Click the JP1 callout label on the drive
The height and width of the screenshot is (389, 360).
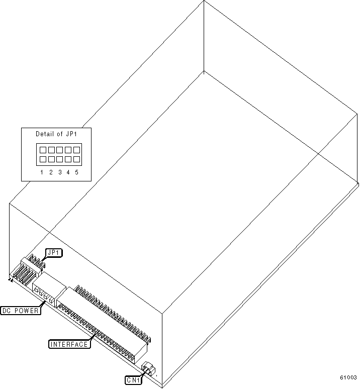click(54, 253)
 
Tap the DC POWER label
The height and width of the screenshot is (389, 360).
click(20, 310)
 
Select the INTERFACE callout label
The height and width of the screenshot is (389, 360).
click(69, 344)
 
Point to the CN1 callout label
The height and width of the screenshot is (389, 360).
click(133, 380)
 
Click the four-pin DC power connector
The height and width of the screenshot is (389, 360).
click(44, 295)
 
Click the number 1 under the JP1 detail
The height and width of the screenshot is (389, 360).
click(43, 172)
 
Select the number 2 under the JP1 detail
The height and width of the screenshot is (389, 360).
click(51, 172)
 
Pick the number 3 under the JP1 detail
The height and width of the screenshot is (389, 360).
click(60, 172)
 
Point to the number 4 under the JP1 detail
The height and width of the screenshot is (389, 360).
click(68, 172)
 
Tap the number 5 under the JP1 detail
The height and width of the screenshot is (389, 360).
click(76, 172)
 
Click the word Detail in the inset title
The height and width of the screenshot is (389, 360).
click(44, 134)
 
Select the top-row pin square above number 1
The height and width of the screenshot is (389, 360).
click(43, 150)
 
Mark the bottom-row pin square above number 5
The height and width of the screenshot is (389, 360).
click(76, 159)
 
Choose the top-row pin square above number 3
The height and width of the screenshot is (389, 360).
click(60, 150)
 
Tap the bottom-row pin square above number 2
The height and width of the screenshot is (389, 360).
click(51, 159)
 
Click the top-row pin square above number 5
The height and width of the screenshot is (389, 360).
click(76, 150)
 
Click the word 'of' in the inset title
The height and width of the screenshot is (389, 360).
click(60, 134)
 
